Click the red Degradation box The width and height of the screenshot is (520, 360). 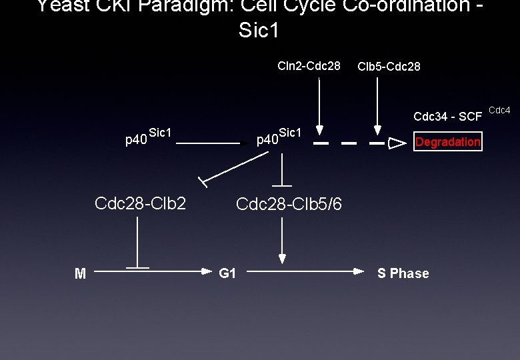(447, 141)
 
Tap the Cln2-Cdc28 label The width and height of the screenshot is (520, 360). (309, 66)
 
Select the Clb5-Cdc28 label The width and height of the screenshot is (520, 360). (389, 67)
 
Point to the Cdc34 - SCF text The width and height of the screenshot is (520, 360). (447, 117)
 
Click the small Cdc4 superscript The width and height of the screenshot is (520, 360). (499, 109)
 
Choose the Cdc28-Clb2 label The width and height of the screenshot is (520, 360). (140, 203)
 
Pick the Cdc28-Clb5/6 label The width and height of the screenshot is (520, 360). (289, 204)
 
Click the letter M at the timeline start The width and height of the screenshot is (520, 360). (80, 273)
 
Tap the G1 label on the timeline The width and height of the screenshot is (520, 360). (227, 273)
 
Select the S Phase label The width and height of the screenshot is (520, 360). (403, 273)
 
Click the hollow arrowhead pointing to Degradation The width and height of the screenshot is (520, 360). (397, 142)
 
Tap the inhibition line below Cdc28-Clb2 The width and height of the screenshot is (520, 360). (138, 243)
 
